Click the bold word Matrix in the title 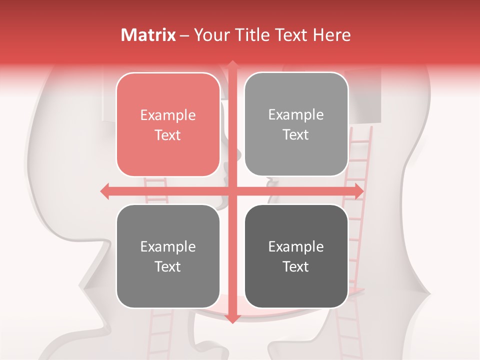(148, 35)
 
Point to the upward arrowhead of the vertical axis (232, 65)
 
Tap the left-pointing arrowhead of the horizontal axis (105, 191)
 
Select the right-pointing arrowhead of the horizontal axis (358, 191)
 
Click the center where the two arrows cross (232, 191)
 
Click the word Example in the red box (168, 115)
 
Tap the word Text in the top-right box (296, 135)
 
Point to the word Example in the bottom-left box (168, 246)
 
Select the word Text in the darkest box (296, 266)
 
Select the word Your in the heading (210, 35)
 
